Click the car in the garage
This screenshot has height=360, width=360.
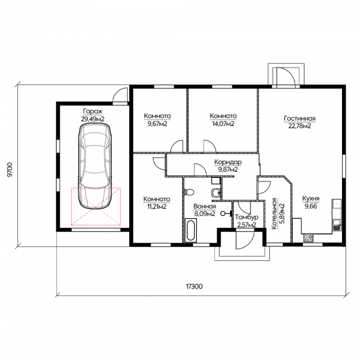pyautogui.click(x=95, y=166)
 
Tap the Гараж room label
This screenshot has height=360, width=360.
pyautogui.click(x=93, y=112)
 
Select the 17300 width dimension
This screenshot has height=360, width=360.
pyautogui.click(x=194, y=286)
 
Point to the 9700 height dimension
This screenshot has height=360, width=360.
pyautogui.click(x=10, y=170)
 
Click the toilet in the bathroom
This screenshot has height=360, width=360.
pyautogui.click(x=189, y=192)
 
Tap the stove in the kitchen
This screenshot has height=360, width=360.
pyautogui.click(x=309, y=238)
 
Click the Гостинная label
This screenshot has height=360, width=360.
pyautogui.click(x=300, y=118)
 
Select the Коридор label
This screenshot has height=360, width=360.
pyautogui.click(x=228, y=162)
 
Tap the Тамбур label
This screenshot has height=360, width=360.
pyautogui.click(x=246, y=217)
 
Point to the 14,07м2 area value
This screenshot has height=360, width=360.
pyautogui.click(x=223, y=124)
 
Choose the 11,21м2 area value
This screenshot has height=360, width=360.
pyautogui.click(x=157, y=207)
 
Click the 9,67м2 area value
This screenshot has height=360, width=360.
pyautogui.click(x=157, y=124)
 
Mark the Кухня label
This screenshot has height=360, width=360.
pyautogui.click(x=311, y=199)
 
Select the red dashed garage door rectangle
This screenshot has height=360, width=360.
pyautogui.click(x=96, y=206)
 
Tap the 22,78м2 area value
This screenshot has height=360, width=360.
pyautogui.click(x=300, y=126)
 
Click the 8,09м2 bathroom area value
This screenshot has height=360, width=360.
pyautogui.click(x=205, y=214)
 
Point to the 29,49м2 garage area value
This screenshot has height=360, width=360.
pyautogui.click(x=93, y=119)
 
